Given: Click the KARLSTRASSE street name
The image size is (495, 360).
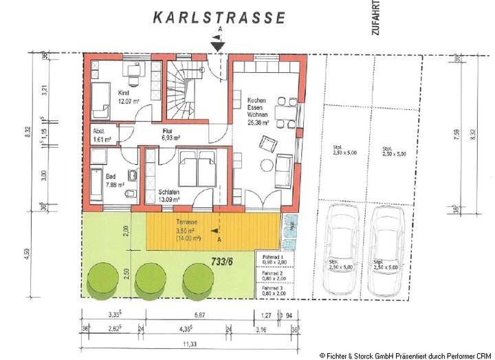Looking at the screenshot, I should (x=219, y=18).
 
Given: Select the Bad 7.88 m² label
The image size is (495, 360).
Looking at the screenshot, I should (x=115, y=180).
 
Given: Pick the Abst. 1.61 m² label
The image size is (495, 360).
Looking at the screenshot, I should (x=101, y=135).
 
